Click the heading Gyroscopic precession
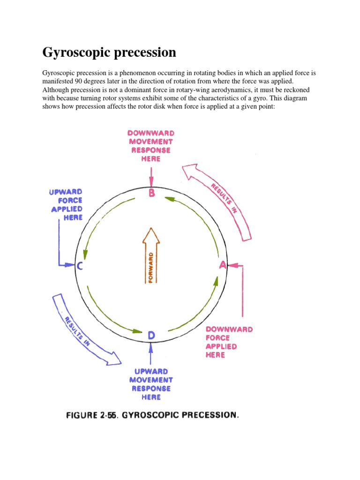[x=109, y=52]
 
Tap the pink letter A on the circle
[x=223, y=265]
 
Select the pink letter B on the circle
[x=151, y=193]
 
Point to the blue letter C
[x=80, y=266]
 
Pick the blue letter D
[x=151, y=335]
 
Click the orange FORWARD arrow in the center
[x=151, y=255]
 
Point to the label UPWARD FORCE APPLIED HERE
[x=66, y=204]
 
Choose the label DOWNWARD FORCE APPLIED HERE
[x=229, y=342]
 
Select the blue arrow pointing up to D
[x=151, y=354]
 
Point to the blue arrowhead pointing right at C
[x=71, y=265]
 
